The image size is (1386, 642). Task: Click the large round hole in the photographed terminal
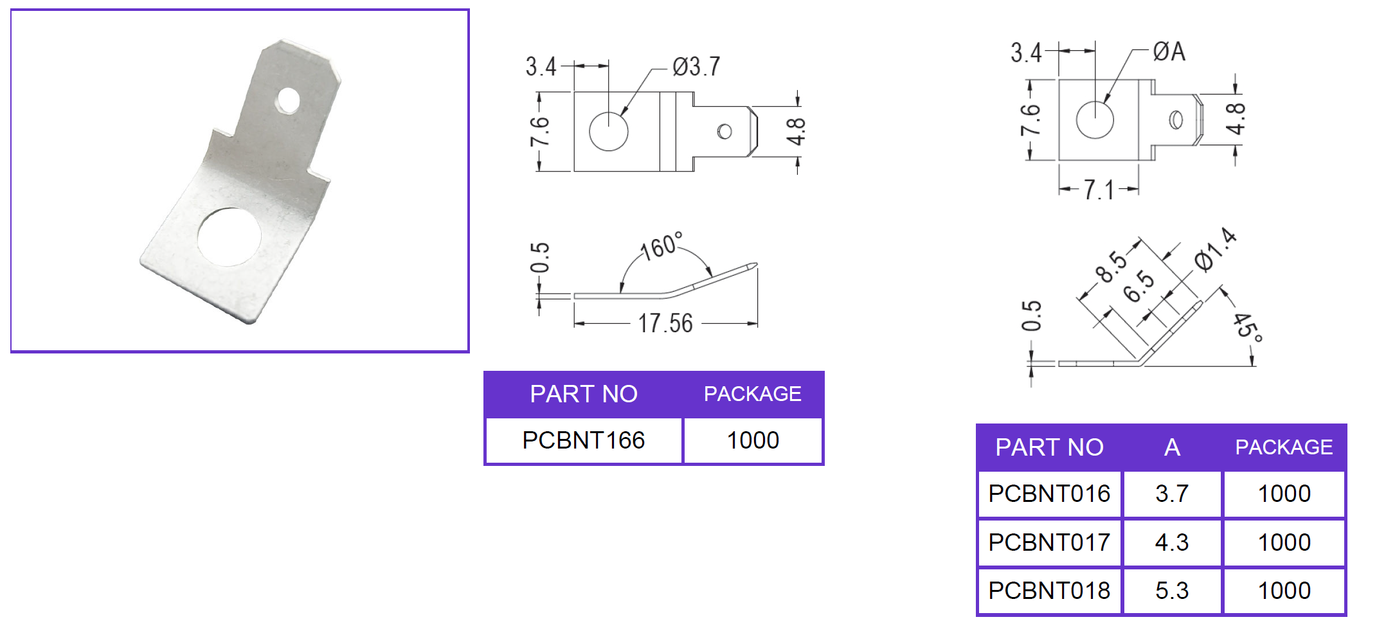click(229, 237)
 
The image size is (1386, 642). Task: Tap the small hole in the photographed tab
click(288, 101)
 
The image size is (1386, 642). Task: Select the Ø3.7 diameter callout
click(696, 66)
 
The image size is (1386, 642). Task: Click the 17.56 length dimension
click(665, 323)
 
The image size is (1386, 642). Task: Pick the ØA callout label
click(1169, 51)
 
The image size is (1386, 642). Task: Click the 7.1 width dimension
click(1099, 190)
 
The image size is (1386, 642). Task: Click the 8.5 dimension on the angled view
click(1111, 266)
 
